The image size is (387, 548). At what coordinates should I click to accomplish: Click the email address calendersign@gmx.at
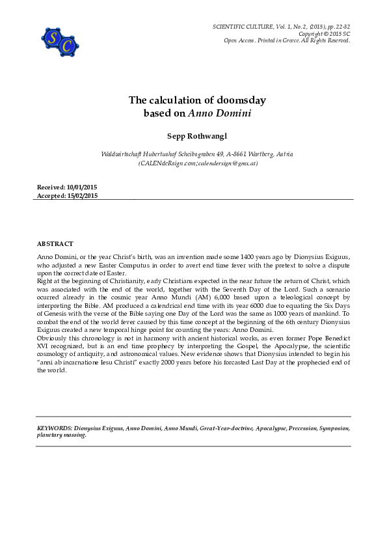click(x=228, y=163)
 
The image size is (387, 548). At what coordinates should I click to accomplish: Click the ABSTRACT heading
click(x=55, y=243)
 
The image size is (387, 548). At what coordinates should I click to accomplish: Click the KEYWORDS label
click(x=55, y=428)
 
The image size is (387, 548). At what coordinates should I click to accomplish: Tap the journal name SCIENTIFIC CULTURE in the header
click(x=246, y=27)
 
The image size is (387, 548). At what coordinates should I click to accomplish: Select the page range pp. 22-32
click(x=336, y=27)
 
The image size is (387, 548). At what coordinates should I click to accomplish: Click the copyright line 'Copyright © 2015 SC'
click(x=324, y=34)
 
